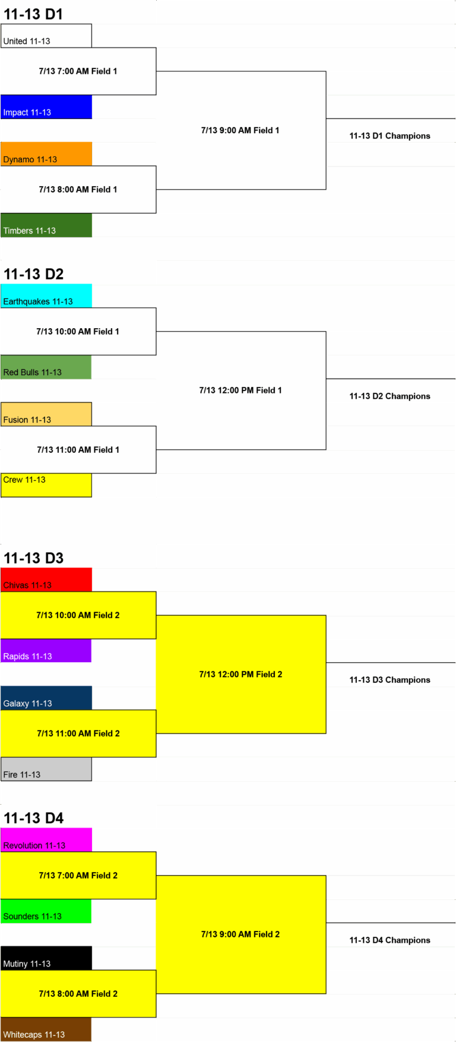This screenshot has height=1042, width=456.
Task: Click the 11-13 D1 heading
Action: click(x=33, y=14)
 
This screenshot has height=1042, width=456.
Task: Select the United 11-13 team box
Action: click(x=46, y=36)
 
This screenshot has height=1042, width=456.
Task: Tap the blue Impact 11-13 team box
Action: click(x=46, y=107)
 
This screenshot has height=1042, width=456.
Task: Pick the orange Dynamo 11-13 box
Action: click(x=46, y=154)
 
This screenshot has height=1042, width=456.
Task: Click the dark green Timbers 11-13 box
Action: click(x=46, y=225)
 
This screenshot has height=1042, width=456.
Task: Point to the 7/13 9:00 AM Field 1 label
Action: click(x=240, y=130)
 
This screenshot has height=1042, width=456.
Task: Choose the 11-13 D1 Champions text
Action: click(x=389, y=136)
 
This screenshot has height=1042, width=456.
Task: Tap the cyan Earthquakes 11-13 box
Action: click(x=46, y=296)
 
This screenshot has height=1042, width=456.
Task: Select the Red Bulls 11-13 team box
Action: click(x=46, y=367)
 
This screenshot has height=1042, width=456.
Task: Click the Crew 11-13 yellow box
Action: click(x=46, y=485)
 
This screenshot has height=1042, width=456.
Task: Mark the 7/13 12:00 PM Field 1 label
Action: click(x=240, y=391)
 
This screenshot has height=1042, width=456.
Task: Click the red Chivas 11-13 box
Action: click(x=46, y=580)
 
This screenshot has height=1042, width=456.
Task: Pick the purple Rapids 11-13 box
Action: click(x=46, y=651)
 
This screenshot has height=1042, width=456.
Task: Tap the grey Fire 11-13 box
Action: click(x=46, y=769)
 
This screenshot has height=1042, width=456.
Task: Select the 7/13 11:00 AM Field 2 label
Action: click(x=78, y=734)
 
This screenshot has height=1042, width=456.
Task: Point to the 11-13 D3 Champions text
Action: click(x=389, y=679)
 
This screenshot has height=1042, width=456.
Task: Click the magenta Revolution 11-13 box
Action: click(x=46, y=840)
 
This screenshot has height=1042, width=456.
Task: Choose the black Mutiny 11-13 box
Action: click(x=46, y=958)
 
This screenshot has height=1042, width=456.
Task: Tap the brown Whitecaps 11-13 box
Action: click(x=46, y=1030)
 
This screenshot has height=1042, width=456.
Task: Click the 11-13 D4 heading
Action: click(x=33, y=818)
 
